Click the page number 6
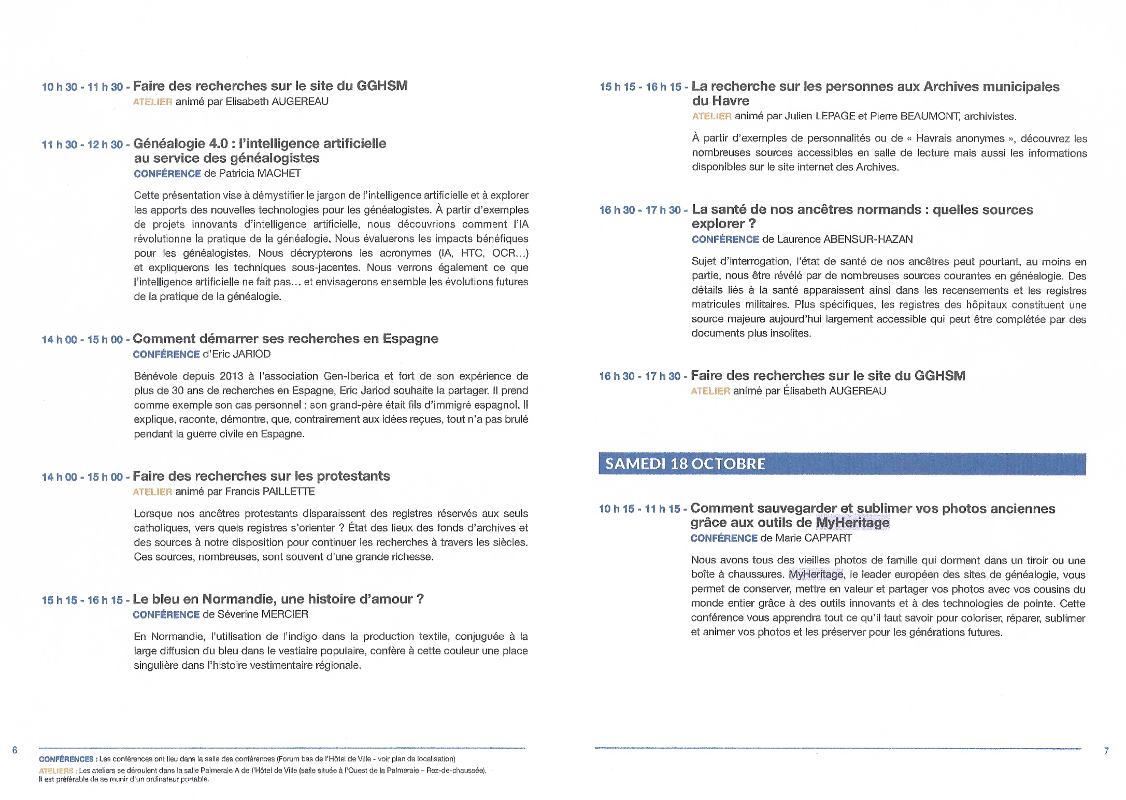point(15,750)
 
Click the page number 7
point(1106,751)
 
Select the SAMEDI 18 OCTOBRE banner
point(842,464)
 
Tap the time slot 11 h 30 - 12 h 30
point(82,145)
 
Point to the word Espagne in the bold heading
point(410,339)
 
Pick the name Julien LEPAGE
point(820,117)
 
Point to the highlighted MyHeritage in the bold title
point(852,523)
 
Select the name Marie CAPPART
point(814,538)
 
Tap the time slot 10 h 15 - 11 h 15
point(639,509)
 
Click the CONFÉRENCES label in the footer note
point(66,759)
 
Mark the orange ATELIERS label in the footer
point(56,771)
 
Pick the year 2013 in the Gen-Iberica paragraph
point(231,376)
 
